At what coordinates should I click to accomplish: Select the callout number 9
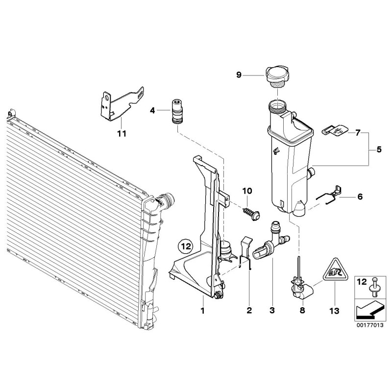pos(239,75)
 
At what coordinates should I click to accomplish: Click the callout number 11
pos(122,134)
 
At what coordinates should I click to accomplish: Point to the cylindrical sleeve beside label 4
pos(175,112)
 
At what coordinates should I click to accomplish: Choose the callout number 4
pos(152,111)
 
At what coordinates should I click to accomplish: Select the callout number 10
pos(246,190)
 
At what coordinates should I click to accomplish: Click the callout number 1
pos(202,311)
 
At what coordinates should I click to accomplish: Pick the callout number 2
pos(249,311)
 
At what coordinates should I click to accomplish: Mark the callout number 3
pos(272,311)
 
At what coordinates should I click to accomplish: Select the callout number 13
pos(335,311)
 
